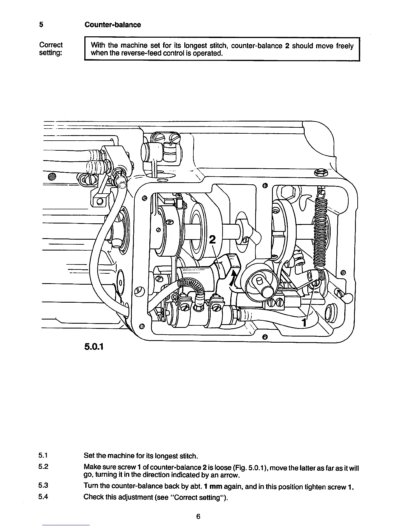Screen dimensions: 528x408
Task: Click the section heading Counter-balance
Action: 112,25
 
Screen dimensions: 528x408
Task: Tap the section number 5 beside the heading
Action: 41,25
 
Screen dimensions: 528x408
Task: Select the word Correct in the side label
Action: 51,45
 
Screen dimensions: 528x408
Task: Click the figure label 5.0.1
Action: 94,347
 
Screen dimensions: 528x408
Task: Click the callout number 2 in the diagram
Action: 212,240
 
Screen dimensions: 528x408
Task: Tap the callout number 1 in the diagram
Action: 304,323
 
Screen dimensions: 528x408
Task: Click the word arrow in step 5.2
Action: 230,475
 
